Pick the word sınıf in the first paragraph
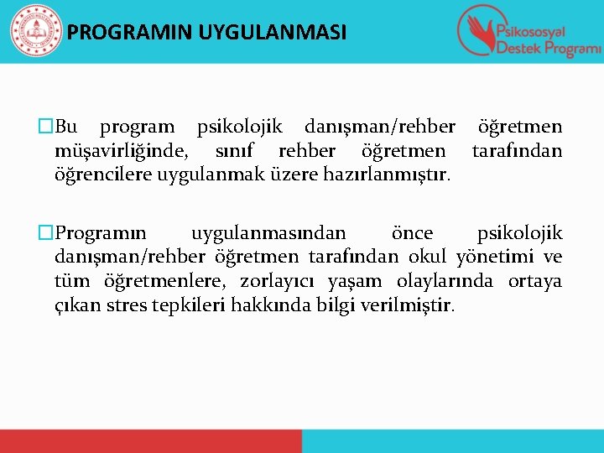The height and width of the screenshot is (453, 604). point(237,152)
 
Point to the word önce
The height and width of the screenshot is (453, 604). point(413,232)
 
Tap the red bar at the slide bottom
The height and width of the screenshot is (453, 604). point(151,440)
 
